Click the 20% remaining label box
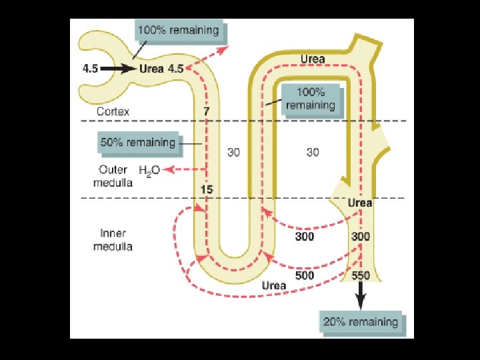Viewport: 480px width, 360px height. click(x=361, y=322)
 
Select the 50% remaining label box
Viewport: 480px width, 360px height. click(x=137, y=142)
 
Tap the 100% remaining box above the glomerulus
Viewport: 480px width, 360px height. click(x=177, y=30)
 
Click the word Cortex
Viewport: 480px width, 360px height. click(x=113, y=111)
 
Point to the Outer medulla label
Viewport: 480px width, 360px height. click(x=113, y=177)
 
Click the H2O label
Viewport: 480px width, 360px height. click(x=149, y=170)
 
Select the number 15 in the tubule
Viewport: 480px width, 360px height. click(x=207, y=190)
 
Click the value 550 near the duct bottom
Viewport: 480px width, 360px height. click(x=360, y=275)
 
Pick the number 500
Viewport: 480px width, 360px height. click(x=305, y=275)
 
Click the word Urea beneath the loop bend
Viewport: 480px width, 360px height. click(x=273, y=285)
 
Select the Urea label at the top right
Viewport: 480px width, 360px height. click(x=312, y=59)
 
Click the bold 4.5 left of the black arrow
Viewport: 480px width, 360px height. click(x=91, y=68)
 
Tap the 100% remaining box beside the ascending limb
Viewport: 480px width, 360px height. click(x=310, y=99)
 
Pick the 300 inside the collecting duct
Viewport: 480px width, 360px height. click(x=360, y=237)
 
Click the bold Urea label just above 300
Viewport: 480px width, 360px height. click(x=360, y=203)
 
